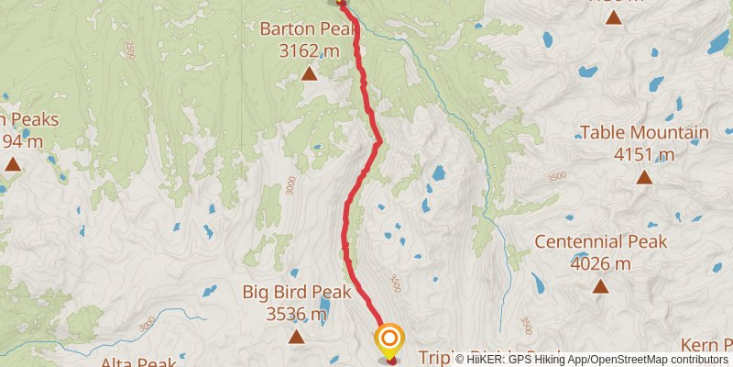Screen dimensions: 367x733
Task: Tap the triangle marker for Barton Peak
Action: coord(310,72)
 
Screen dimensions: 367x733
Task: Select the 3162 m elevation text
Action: coord(309,50)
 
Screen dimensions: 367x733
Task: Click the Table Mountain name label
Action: coord(644,133)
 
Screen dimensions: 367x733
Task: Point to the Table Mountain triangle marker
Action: coord(644,177)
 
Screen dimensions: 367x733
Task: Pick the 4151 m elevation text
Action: coord(644,154)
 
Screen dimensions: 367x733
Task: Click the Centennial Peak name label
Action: coord(600,242)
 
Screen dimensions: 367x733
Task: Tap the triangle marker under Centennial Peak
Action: coord(600,286)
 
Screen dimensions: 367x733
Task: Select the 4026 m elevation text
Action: coord(600,263)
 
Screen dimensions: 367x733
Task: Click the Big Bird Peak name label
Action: coord(298,293)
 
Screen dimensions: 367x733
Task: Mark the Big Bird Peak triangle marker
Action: coord(297,337)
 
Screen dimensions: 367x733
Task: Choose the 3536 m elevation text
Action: coord(297,315)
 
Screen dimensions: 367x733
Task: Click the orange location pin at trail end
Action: coord(388,340)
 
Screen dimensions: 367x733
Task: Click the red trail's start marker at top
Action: coord(341,3)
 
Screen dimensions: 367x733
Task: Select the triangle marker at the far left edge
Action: coord(13,164)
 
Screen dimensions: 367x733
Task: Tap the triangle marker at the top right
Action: coord(613,17)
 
